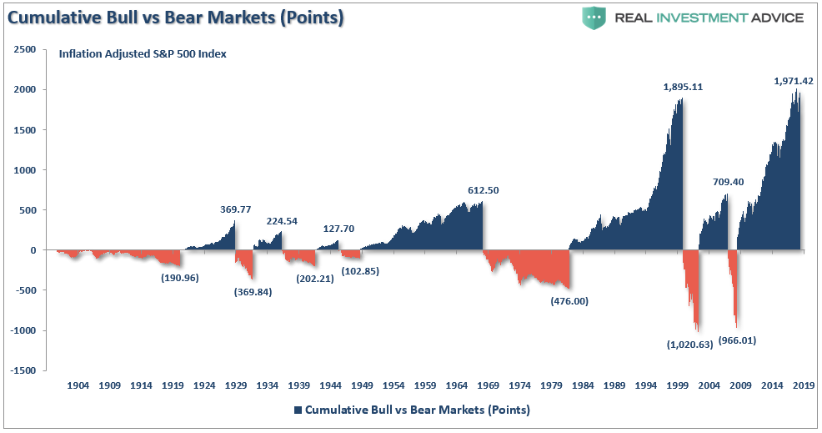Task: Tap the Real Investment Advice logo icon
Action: click(593, 18)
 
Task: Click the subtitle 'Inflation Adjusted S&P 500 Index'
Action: click(143, 54)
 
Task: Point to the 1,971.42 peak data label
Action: click(793, 81)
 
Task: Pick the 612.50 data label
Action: click(483, 190)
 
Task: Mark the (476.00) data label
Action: click(569, 301)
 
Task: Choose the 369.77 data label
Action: click(235, 211)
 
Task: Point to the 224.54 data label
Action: click(283, 221)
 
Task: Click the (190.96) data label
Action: click(179, 278)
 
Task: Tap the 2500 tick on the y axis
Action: click(24, 50)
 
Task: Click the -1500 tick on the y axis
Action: click(23, 370)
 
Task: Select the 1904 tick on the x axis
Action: click(78, 386)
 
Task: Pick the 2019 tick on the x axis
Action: click(803, 386)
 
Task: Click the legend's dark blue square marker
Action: click(298, 410)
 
